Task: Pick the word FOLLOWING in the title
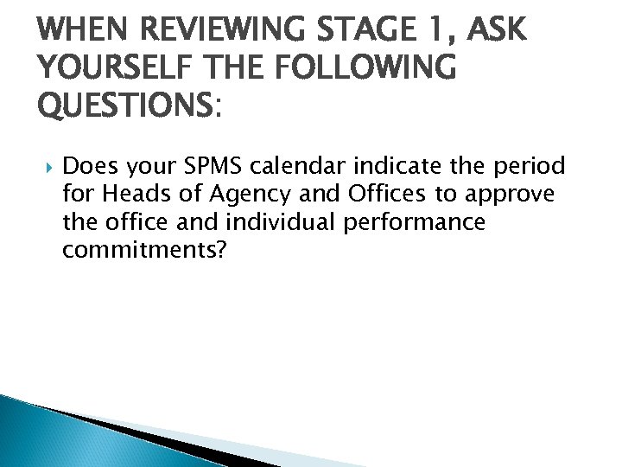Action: pos(364,67)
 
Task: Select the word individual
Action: pos(282,222)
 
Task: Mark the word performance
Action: pos(415,223)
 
